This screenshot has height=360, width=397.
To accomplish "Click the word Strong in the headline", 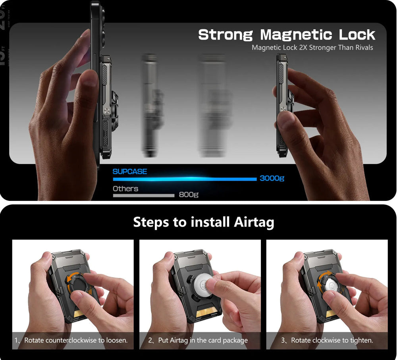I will click(225, 35).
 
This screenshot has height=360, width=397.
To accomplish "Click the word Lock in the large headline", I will click(357, 35).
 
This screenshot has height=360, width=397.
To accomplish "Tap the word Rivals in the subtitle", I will click(362, 48).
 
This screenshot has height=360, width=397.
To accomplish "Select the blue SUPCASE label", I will click(129, 171).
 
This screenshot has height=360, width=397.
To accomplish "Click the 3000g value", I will click(272, 178).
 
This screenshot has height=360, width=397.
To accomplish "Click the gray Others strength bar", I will click(143, 195).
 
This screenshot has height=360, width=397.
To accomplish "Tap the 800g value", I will click(188, 194).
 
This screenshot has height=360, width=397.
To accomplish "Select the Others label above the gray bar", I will click(125, 189).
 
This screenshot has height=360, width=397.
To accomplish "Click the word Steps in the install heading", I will click(151, 222).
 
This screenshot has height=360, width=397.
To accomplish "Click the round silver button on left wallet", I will click(107, 112).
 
